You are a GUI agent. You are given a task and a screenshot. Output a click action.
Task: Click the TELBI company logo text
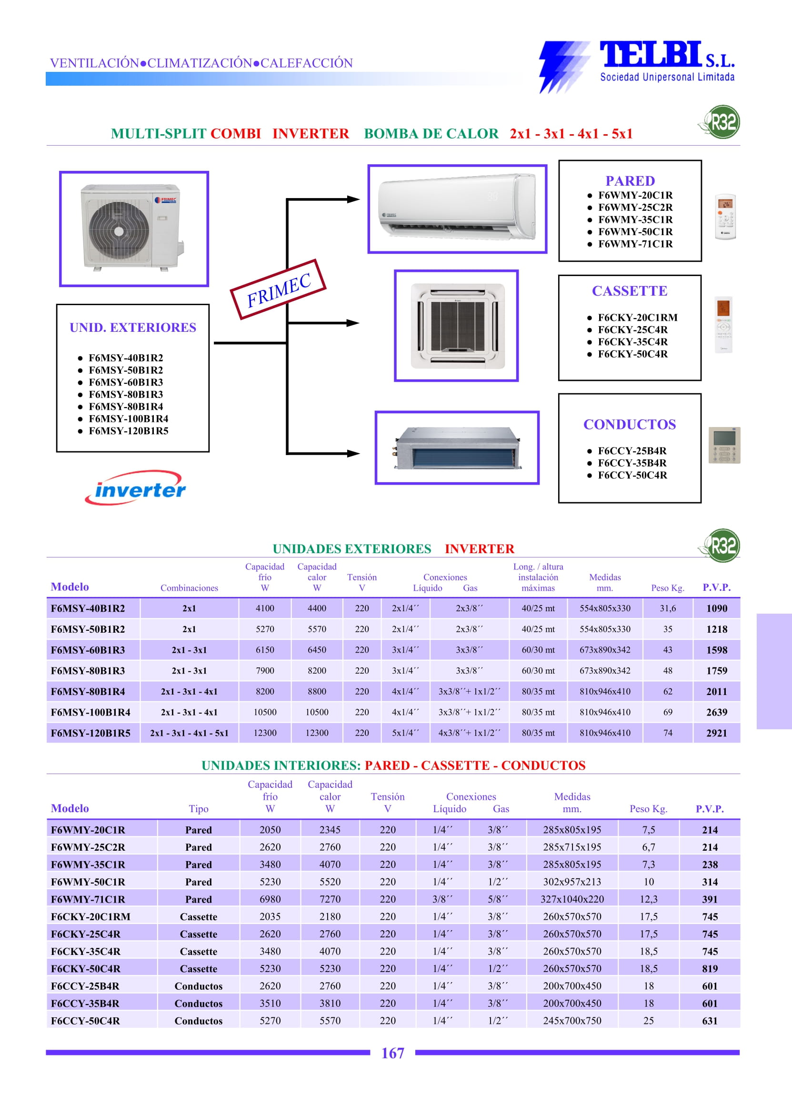click(650, 55)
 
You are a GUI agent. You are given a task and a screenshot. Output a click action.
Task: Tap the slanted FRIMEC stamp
click(278, 289)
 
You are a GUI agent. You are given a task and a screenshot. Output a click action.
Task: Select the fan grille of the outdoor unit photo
click(119, 231)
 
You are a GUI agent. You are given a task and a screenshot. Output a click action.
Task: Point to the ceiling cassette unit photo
click(456, 325)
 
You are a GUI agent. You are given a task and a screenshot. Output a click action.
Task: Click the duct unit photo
click(457, 447)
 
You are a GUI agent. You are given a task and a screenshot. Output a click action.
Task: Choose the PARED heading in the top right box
click(630, 181)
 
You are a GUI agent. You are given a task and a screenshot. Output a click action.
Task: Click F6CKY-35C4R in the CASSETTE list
click(632, 342)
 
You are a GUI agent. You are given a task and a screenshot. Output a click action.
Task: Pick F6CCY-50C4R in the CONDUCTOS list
click(632, 475)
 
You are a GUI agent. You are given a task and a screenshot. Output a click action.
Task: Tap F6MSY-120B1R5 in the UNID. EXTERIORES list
click(128, 431)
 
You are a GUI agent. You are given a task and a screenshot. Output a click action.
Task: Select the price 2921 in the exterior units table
click(716, 733)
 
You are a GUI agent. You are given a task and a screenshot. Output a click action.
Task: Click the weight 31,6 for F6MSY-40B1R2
click(668, 608)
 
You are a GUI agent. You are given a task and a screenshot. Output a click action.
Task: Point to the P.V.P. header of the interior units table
click(710, 809)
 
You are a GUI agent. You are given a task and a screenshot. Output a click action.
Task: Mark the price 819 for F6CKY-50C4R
click(710, 968)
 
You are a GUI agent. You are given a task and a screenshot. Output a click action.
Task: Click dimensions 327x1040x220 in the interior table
click(572, 899)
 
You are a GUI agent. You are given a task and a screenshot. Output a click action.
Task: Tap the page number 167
click(392, 1053)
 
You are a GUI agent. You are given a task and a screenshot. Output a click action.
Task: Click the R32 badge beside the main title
click(722, 122)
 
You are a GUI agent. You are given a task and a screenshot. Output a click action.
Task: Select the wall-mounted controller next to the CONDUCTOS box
click(724, 445)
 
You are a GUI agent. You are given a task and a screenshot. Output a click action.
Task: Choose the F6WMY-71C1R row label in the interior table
click(88, 899)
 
